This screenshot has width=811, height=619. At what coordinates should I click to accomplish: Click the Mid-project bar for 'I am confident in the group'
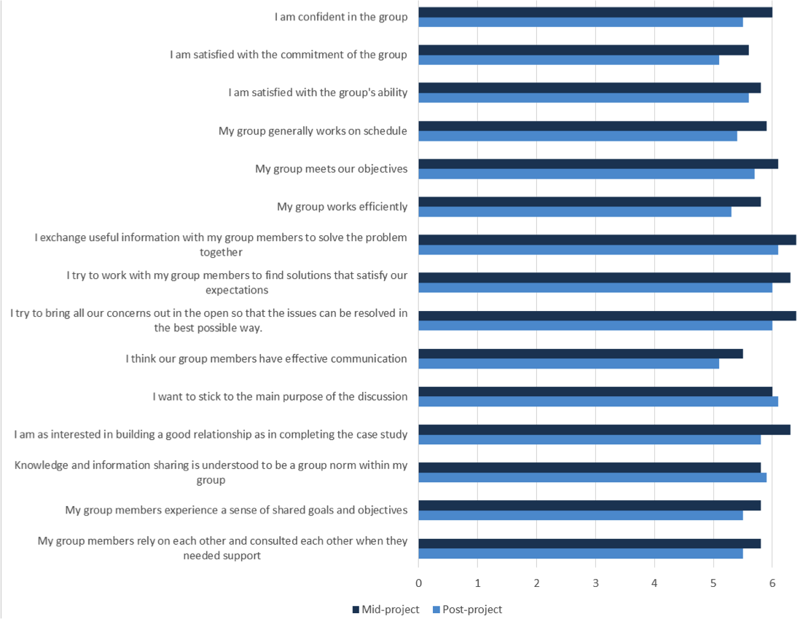(595, 12)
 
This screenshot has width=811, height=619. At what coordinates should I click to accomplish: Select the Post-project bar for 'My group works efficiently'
(575, 212)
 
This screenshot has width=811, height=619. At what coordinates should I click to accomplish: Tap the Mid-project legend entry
(385, 610)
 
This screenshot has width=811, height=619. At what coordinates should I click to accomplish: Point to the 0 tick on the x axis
(418, 583)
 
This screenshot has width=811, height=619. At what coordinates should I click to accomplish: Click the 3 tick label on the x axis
(595, 583)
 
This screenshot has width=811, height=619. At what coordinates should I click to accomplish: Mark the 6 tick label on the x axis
(772, 583)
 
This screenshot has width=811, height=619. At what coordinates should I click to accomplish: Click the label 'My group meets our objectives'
(331, 169)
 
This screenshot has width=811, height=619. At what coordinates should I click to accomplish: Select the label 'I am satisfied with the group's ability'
(318, 92)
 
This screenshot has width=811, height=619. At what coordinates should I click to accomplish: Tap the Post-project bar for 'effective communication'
(569, 363)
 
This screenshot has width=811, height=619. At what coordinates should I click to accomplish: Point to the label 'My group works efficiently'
(342, 207)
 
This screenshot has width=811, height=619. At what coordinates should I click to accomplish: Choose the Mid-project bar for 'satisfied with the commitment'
(584, 50)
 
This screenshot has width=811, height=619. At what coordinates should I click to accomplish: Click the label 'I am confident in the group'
(341, 17)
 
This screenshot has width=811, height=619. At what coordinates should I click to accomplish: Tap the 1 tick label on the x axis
(477, 583)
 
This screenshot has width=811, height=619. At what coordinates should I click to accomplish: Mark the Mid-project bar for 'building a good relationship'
(604, 430)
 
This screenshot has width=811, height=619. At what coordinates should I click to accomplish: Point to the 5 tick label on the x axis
(713, 583)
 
